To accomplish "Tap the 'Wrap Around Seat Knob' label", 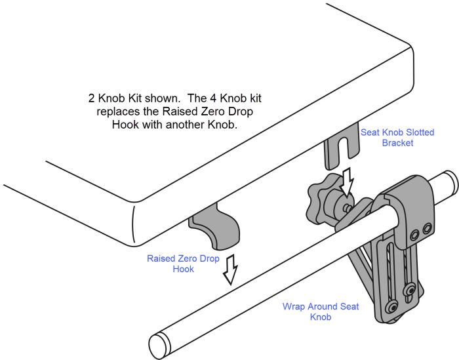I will (x=321, y=311).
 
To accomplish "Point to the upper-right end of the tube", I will (x=449, y=179).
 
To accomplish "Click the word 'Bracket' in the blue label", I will (x=397, y=143).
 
